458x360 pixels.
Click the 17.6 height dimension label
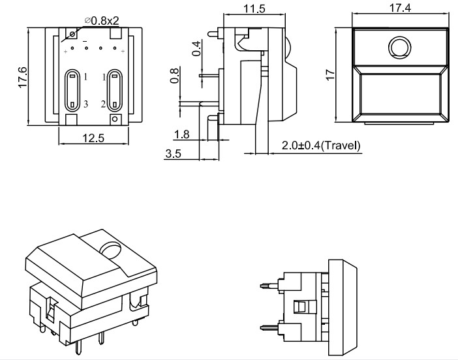[x=22, y=77]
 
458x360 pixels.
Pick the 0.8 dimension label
[x=174, y=76]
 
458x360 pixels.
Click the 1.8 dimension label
[x=183, y=134]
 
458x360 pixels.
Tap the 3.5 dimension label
[x=174, y=155]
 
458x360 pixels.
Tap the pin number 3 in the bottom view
[x=85, y=104]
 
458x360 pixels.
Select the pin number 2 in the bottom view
[x=103, y=104]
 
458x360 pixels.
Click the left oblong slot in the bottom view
[x=71, y=89]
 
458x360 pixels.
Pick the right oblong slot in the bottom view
[x=115, y=89]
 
